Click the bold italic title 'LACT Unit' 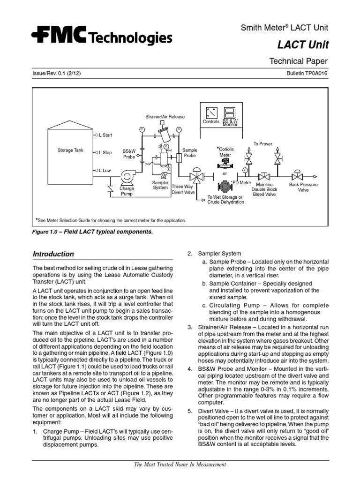coord(303,45)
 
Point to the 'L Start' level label coord(105,135)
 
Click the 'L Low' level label coord(105,171)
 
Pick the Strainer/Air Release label coord(165,117)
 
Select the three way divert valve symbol coord(195,178)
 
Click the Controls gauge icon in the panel coord(211,112)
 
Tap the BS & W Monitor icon coord(230,112)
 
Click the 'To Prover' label coord(262,144)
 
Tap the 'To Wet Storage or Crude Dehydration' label coord(225,200)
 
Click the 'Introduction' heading coord(53,254)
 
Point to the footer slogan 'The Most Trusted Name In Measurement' coord(180,465)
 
